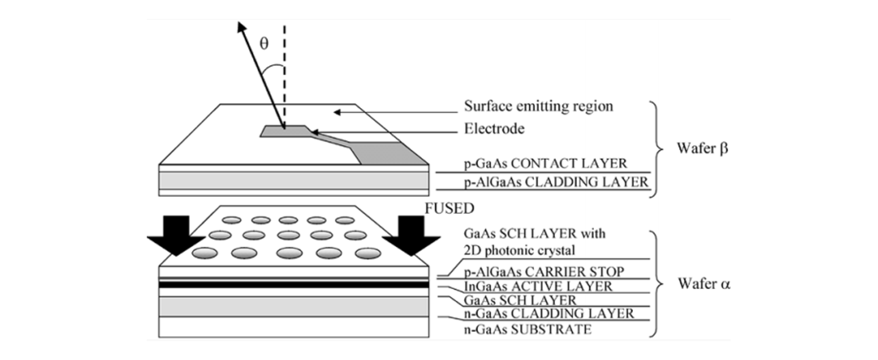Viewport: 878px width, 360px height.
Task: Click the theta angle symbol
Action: (264, 44)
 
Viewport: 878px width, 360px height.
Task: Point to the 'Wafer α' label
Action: (703, 285)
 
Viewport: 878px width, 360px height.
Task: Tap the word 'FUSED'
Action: (449, 208)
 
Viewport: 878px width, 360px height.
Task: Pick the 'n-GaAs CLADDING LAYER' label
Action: (548, 315)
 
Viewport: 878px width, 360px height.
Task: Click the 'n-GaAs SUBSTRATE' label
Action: (528, 330)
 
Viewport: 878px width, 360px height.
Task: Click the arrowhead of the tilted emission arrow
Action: (242, 26)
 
